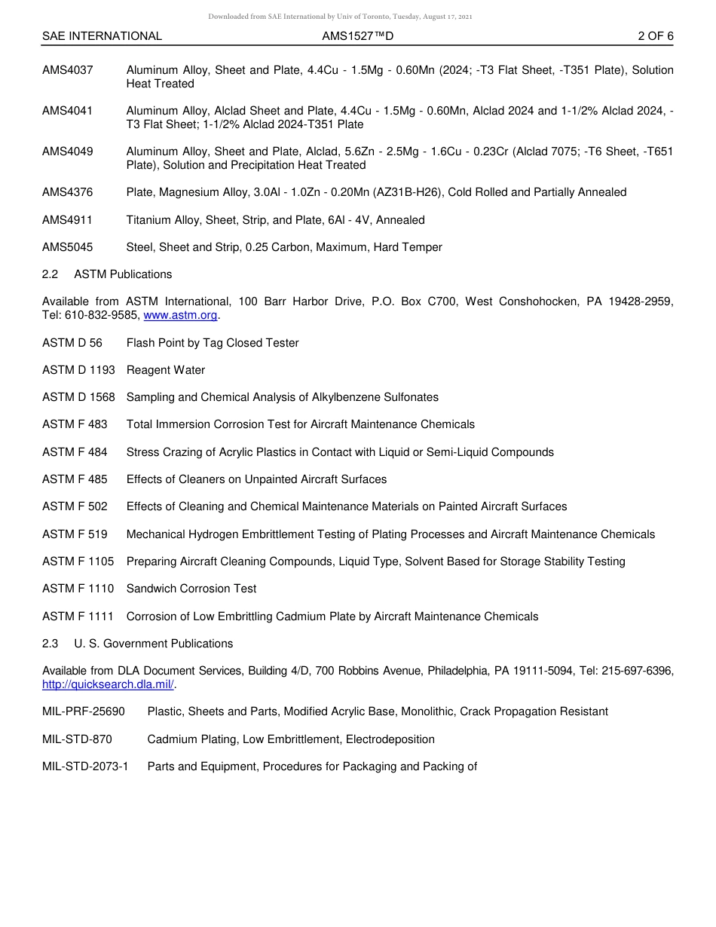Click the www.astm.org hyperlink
tap(180, 316)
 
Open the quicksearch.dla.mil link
tap(108, 684)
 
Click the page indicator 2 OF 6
tap(655, 36)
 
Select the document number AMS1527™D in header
tap(357, 36)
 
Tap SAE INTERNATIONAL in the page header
tap(102, 36)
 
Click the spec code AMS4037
tap(68, 70)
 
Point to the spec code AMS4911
tap(68, 220)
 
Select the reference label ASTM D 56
tap(72, 343)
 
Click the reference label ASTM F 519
tap(75, 534)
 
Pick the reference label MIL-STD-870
tap(77, 739)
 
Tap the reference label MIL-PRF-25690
tap(84, 711)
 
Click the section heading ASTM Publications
tap(123, 274)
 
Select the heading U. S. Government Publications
tap(153, 644)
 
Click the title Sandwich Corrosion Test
tap(191, 589)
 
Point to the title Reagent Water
tap(166, 370)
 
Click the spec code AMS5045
tap(68, 247)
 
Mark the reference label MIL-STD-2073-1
tap(85, 766)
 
